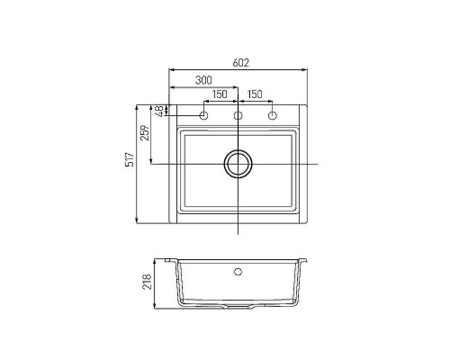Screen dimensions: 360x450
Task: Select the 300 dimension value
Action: pyautogui.click(x=204, y=81)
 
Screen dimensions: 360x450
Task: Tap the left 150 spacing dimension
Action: pyautogui.click(x=220, y=94)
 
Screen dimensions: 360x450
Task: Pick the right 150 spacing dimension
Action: pyautogui.click(x=255, y=94)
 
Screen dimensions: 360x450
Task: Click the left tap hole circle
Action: pyautogui.click(x=204, y=117)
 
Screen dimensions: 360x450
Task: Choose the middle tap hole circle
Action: pyautogui.click(x=238, y=117)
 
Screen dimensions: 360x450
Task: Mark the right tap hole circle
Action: pyautogui.click(x=272, y=117)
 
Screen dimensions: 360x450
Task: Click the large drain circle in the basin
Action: pyautogui.click(x=238, y=164)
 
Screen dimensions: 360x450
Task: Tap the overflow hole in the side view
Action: pyautogui.click(x=238, y=270)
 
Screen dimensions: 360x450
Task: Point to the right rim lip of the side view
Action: pyautogui.click(x=304, y=262)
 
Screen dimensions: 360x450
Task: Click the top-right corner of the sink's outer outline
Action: pyautogui.click(x=306, y=104)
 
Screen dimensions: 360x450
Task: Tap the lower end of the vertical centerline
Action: pyautogui.click(x=238, y=234)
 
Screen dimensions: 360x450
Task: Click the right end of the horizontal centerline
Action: pyautogui.click(x=319, y=164)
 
